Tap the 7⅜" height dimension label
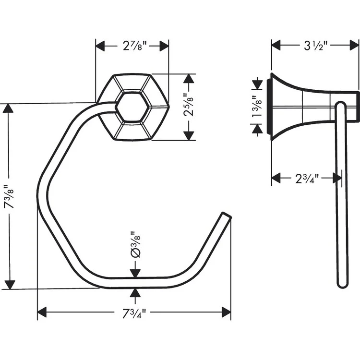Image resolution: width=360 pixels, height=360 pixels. [9, 196]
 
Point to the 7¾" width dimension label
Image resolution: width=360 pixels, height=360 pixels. [134, 313]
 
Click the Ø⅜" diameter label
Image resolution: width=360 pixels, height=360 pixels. [135, 245]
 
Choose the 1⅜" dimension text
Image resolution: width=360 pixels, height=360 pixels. [257, 107]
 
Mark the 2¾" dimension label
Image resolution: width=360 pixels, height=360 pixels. [307, 179]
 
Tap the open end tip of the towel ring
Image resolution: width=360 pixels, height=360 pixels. [227, 215]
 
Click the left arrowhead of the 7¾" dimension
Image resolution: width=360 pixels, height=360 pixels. [42, 312]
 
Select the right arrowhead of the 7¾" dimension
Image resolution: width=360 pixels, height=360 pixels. [227, 312]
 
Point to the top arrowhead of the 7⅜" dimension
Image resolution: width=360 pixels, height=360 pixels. [9, 108]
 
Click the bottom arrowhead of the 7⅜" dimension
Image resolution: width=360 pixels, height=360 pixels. [10, 285]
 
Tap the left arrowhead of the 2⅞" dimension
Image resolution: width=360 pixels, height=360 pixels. [100, 46]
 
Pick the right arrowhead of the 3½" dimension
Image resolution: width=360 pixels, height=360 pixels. [354, 45]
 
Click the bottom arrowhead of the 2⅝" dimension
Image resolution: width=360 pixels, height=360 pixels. [189, 136]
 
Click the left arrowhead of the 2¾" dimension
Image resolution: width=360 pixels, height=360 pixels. [276, 178]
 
